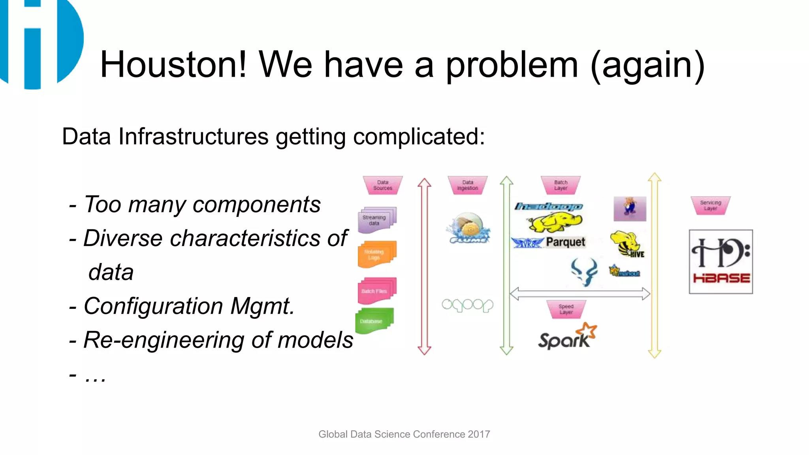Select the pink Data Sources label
click(x=382, y=185)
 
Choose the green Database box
click(x=374, y=321)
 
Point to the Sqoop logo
click(x=467, y=305)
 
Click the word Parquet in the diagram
click(x=565, y=242)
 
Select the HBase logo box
click(x=721, y=261)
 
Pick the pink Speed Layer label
click(x=566, y=309)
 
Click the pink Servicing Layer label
click(x=710, y=205)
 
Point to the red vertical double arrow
click(x=424, y=267)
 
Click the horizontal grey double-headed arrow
click(x=579, y=294)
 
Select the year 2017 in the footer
click(x=479, y=434)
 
